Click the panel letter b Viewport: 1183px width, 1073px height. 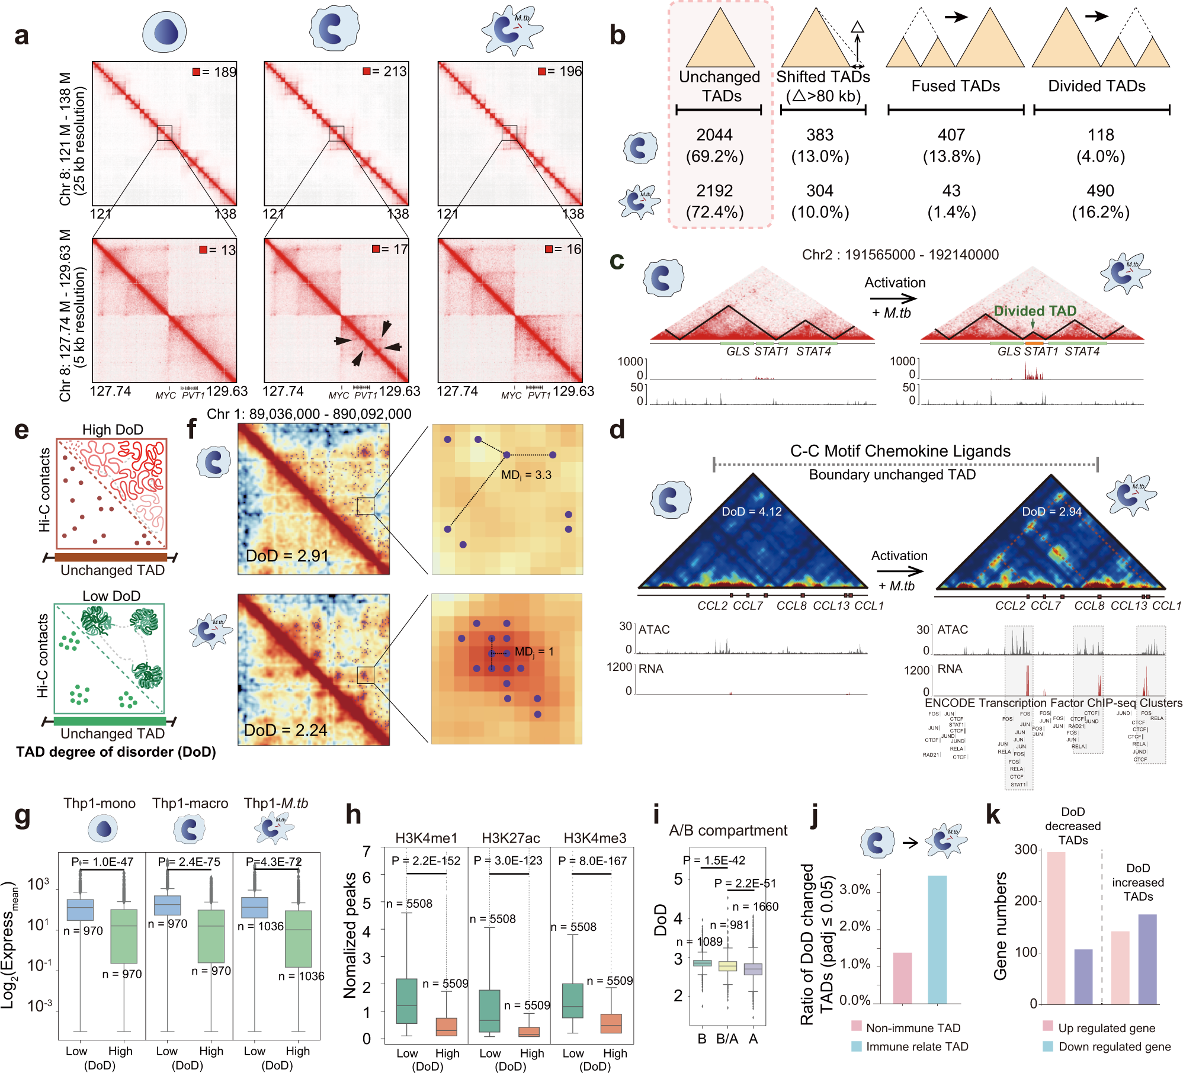click(617, 35)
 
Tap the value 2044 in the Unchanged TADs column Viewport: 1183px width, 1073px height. click(714, 135)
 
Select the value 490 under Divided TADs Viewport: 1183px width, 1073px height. click(1100, 191)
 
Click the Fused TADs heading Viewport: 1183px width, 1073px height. click(955, 86)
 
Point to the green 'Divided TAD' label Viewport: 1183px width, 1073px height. click(1035, 311)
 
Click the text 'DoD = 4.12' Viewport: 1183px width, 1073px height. click(751, 512)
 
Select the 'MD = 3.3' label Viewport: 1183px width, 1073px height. click(526, 475)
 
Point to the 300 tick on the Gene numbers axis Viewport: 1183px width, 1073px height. click(1026, 850)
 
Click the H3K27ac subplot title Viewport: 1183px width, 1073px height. click(511, 838)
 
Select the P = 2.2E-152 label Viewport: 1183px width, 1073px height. click(426, 860)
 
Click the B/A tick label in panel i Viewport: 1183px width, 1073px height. click(727, 1039)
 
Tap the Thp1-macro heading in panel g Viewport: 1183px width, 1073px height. click(190, 803)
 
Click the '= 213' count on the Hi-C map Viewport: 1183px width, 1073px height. click(389, 72)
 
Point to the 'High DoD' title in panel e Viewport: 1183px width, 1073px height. click(113, 429)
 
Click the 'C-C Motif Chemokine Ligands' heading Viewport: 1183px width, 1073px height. click(900, 451)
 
